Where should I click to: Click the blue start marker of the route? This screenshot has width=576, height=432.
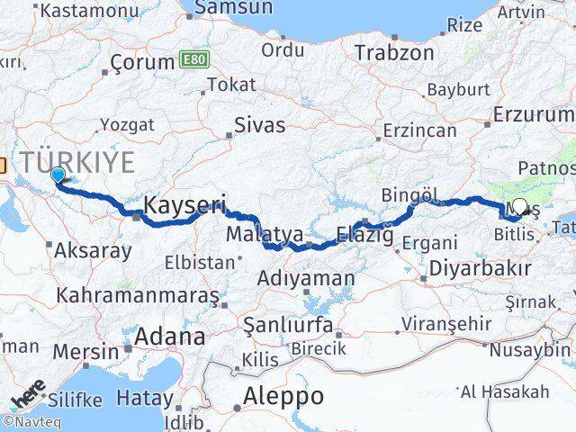pyautogui.click(x=58, y=175)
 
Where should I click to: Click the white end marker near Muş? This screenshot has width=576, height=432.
pyautogui.click(x=518, y=207)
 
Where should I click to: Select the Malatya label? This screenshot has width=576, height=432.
pyautogui.click(x=252, y=235)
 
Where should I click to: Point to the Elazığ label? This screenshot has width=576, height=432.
pyautogui.click(x=364, y=236)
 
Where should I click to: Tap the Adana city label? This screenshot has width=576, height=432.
pyautogui.click(x=169, y=337)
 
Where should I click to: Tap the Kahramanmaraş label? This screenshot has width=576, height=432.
pyautogui.click(x=138, y=295)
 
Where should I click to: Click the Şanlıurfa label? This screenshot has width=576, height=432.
pyautogui.click(x=283, y=324)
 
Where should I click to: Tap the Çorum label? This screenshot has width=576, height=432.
pyautogui.click(x=140, y=63)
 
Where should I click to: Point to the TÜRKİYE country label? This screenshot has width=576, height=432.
pyautogui.click(x=79, y=163)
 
